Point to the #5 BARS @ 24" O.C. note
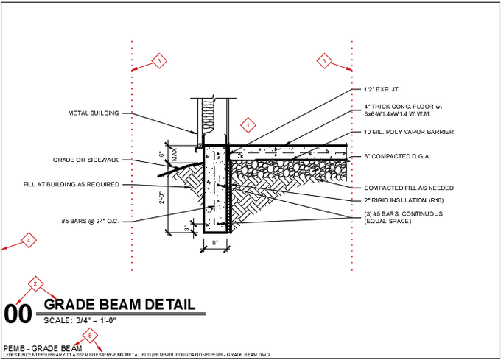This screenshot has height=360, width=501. point(91,221)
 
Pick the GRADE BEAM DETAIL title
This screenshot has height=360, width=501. point(119,304)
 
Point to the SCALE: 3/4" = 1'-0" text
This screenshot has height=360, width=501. point(81,320)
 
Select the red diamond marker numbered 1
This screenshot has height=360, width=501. point(248,125)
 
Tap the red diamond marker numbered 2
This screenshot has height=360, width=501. point(35,283)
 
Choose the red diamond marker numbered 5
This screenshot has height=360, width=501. point(90,336)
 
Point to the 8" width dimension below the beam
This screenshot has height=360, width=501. point(214,242)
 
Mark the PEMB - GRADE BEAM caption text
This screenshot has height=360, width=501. point(42,347)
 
